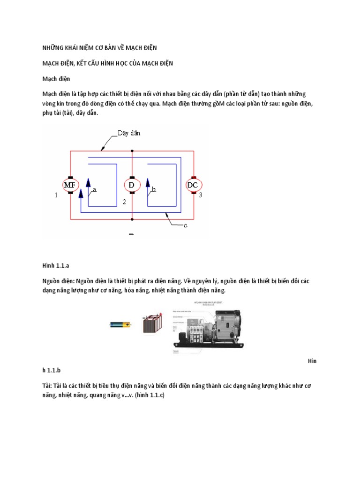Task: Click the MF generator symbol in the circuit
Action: (x=70, y=185)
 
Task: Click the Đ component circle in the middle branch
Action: (x=132, y=185)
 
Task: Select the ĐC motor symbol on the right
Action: (x=192, y=185)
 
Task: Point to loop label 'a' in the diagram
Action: (x=94, y=190)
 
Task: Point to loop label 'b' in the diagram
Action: (x=153, y=190)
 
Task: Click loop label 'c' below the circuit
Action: (x=185, y=225)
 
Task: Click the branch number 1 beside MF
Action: (x=56, y=195)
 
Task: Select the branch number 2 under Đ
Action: (x=124, y=202)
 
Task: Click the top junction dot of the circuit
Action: (x=132, y=151)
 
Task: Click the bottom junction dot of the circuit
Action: (x=132, y=218)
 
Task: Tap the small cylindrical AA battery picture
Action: (x=121, y=324)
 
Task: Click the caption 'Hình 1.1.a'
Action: (x=56, y=265)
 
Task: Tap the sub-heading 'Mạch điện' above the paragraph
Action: (x=56, y=79)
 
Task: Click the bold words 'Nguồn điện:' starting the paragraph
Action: (x=59, y=281)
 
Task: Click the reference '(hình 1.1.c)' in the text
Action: (x=142, y=395)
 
